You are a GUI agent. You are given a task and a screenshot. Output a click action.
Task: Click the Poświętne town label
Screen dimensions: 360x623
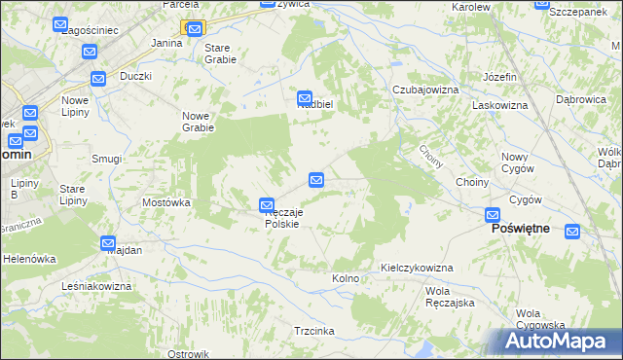[521, 228]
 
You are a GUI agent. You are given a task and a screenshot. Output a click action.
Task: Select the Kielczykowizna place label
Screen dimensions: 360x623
[417, 268]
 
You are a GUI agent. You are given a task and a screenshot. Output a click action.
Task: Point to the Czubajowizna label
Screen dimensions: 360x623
[424, 90]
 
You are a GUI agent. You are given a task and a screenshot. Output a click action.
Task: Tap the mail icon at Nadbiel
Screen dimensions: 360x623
[305, 97]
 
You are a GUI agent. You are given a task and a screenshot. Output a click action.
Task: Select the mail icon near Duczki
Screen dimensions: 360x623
[98, 79]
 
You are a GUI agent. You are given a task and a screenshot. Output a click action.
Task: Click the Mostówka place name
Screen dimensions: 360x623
[165, 202]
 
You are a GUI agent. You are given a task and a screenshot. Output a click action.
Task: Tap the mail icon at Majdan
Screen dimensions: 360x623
[108, 242]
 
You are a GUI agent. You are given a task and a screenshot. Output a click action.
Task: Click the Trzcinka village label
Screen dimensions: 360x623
[314, 331]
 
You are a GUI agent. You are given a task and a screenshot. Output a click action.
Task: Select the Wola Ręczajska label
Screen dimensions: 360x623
[450, 297]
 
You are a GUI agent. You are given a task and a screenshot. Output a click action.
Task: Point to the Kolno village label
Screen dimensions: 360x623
[346, 278]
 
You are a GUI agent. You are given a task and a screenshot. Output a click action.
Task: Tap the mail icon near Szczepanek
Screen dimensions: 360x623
[544, 4]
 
